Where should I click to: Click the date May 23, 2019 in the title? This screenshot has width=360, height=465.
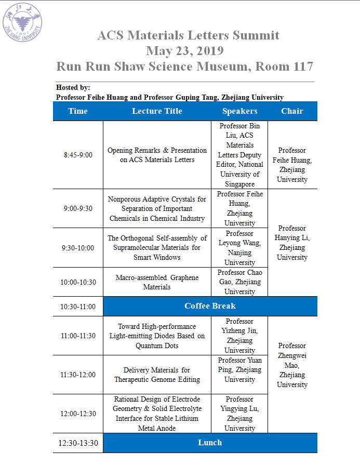coord(184,51)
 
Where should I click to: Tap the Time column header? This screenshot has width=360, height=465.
coord(78,111)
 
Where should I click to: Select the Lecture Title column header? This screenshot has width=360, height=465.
coord(157,111)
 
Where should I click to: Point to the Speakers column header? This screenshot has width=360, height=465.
coord(239,111)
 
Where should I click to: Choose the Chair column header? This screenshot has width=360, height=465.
coord(292,111)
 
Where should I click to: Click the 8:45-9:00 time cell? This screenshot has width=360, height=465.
coord(78,155)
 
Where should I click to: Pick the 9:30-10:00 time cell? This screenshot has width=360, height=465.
coord(78,248)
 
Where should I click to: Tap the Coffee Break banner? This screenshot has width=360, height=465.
coord(210,305)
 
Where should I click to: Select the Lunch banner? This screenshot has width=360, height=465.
coord(210,443)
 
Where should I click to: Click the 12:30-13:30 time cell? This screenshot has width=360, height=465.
coord(78,443)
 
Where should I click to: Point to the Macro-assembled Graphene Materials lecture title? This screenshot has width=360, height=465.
coord(157,282)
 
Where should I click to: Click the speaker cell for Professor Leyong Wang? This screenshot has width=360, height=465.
coord(239,248)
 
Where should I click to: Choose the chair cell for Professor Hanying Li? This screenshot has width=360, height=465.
coord(292,243)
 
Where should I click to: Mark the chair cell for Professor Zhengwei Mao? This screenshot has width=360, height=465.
coord(292,365)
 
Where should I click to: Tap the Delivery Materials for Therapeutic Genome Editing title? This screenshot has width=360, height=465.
coord(157,375)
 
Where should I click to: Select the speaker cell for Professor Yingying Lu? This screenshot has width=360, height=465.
coord(239,414)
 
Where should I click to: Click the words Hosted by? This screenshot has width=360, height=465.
coord(73,88)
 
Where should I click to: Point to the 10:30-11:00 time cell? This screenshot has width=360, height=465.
coord(78,307)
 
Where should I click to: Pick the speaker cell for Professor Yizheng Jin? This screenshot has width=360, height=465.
coord(239,336)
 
